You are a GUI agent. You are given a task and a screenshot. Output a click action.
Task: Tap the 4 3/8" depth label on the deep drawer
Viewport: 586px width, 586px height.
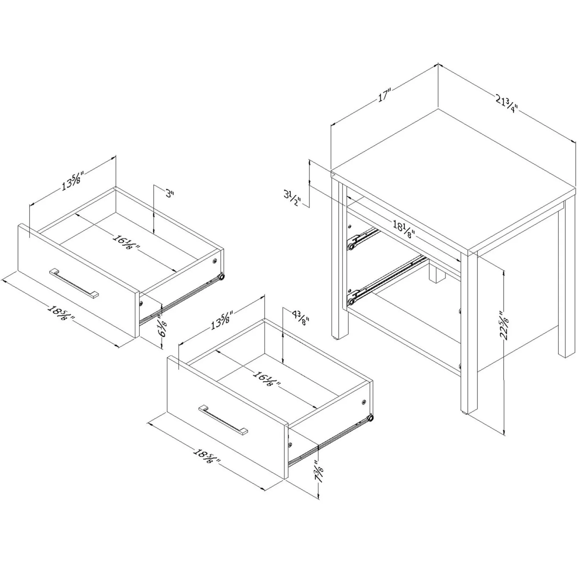pos(300,318)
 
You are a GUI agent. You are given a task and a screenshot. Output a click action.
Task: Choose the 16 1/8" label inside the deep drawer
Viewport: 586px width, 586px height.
pos(267,378)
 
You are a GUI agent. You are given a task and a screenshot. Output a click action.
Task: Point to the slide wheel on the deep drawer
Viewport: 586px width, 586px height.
pos(370,418)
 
